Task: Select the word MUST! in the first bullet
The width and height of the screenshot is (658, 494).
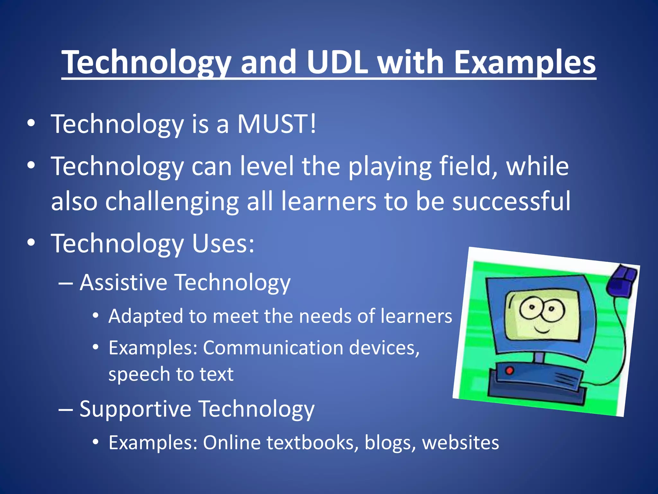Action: pos(277,124)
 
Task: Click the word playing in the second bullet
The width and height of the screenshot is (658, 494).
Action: pos(390,166)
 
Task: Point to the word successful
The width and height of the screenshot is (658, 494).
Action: pos(511,201)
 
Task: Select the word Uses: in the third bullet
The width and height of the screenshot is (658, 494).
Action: pos(223,243)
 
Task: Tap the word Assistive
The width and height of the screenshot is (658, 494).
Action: pos(123,282)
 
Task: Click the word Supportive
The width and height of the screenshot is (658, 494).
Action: pos(135,409)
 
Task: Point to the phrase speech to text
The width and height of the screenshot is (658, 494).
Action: pos(171,374)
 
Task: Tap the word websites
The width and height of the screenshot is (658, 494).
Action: pos(460,443)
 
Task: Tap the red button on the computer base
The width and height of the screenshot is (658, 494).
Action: pos(510,370)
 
